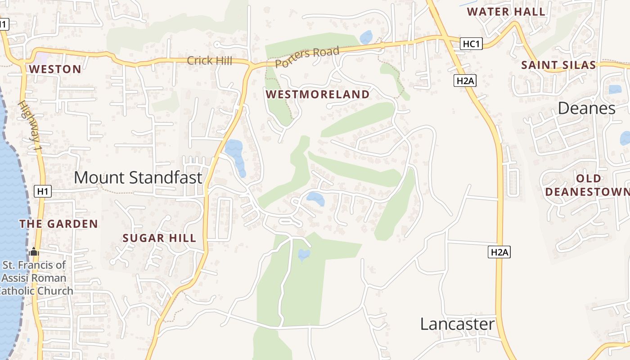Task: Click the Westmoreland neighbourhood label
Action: click(317, 94)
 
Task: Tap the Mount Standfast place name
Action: click(138, 177)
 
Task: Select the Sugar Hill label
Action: click(159, 238)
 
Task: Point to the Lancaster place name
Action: click(457, 324)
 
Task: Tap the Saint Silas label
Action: click(558, 65)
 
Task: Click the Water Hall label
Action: click(506, 12)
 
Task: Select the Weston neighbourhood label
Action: click(55, 69)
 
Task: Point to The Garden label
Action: click(58, 224)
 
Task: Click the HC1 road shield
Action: click(472, 44)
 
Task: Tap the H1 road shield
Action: click(43, 192)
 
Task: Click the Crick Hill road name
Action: click(209, 60)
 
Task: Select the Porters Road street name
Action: click(307, 57)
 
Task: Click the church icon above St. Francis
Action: click(34, 252)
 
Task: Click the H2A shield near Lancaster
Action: click(499, 252)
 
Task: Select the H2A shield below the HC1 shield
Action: click(465, 81)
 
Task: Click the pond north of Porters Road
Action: click(366, 37)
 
